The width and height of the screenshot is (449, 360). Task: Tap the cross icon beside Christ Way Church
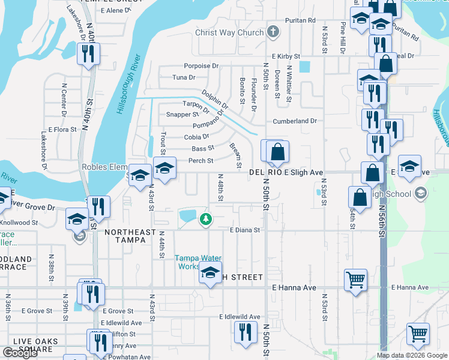click(x=273, y=32)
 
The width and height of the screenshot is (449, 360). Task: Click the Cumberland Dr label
click(x=295, y=121)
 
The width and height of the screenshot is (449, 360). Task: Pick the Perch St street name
click(x=201, y=161)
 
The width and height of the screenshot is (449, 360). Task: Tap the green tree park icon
click(x=205, y=219)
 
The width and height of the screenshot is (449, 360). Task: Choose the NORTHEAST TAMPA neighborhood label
click(x=125, y=236)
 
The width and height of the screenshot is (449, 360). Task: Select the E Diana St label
click(x=246, y=230)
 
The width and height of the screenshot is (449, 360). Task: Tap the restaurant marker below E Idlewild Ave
click(x=244, y=332)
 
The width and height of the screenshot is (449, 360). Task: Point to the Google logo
click(x=20, y=353)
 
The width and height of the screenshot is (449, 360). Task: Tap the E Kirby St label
click(x=286, y=56)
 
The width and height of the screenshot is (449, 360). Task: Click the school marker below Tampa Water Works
click(x=210, y=273)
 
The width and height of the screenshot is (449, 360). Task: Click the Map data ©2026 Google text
click(x=412, y=355)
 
